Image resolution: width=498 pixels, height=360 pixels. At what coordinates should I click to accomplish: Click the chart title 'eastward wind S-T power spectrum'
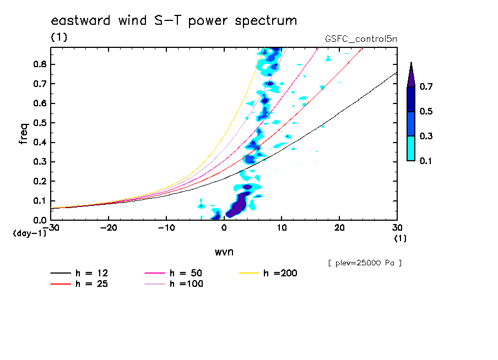(x=174, y=21)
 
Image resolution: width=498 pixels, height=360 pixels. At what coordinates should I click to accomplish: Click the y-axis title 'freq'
(x=24, y=133)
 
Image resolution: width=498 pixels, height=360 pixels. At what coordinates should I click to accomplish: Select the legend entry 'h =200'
(x=280, y=273)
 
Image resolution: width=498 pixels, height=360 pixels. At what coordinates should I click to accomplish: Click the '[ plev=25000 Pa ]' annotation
(x=365, y=263)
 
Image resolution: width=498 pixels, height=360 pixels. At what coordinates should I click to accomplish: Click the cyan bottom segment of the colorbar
(x=411, y=149)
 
